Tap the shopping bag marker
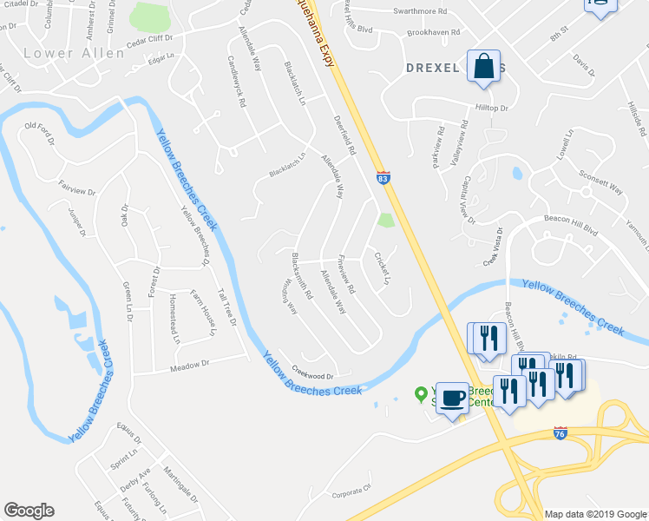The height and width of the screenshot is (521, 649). (483, 67)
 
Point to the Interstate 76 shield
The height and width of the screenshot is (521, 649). (560, 432)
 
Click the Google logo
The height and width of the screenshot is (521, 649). (29, 511)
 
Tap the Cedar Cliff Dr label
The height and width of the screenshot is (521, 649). (149, 39)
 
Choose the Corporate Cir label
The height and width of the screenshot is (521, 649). (351, 492)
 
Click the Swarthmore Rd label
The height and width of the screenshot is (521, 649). (418, 12)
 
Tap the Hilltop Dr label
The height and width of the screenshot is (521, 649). (492, 108)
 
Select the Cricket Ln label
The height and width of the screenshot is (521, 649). (382, 267)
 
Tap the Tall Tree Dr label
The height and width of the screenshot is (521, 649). (227, 307)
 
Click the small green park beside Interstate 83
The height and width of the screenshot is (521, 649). (386, 221)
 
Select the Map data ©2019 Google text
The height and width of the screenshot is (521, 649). (596, 513)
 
